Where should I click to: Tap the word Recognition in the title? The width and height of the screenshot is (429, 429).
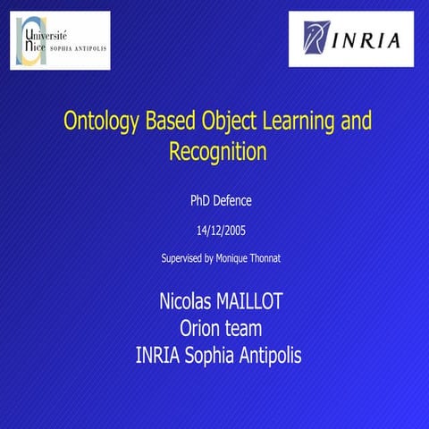(x=218, y=151)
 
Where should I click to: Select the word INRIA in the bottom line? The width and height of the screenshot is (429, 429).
(x=158, y=356)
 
